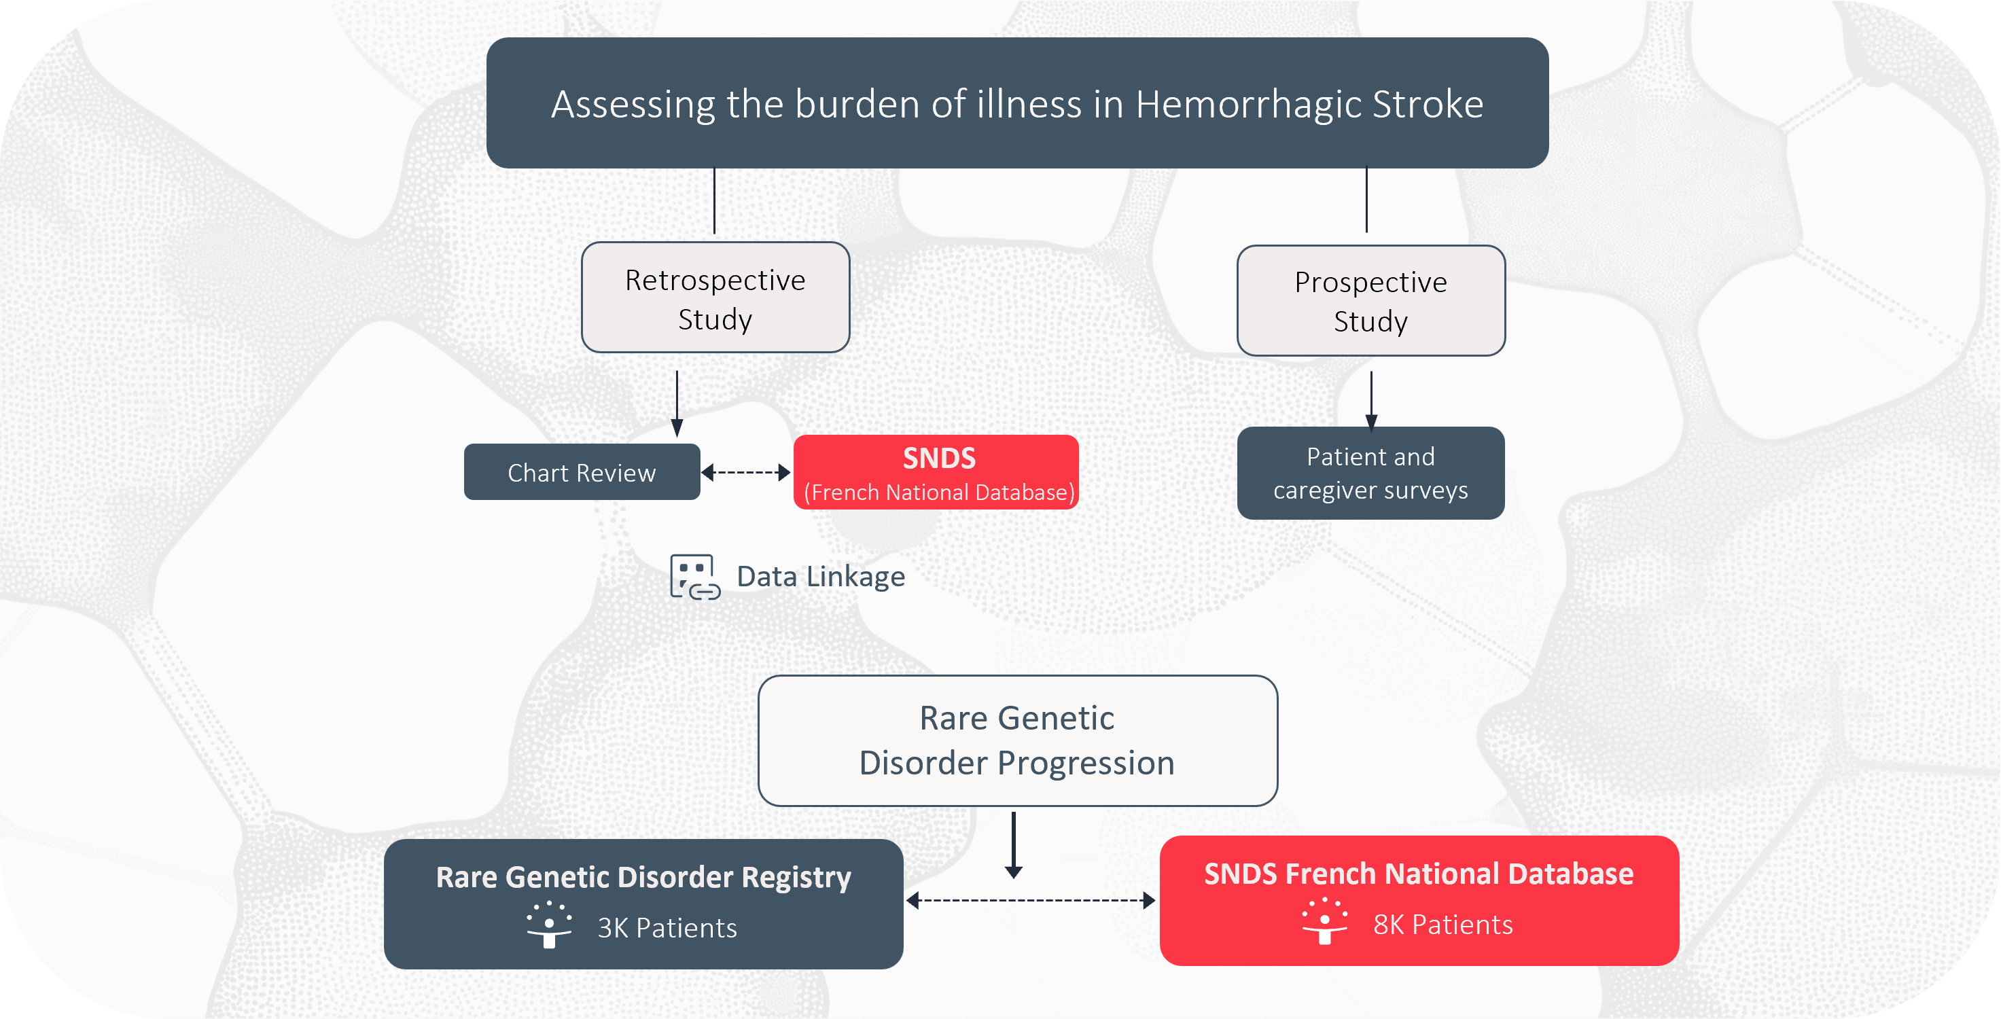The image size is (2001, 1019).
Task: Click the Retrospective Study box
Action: click(715, 298)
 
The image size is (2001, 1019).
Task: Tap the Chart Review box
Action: click(582, 472)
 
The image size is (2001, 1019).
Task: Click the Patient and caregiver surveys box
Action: click(1371, 473)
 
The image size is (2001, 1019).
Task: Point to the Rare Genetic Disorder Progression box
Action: click(1018, 741)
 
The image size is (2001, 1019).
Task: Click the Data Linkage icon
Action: click(694, 577)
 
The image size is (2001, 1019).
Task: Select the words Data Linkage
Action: click(821, 577)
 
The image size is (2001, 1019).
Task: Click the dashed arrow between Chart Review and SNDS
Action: click(746, 472)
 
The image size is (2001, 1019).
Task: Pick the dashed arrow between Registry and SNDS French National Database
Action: click(1031, 901)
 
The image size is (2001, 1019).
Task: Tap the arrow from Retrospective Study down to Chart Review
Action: click(677, 404)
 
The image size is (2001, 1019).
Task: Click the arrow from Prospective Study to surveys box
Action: click(1371, 401)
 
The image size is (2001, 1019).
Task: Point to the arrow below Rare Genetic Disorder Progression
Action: click(1014, 845)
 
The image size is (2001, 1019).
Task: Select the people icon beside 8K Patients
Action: click(1325, 920)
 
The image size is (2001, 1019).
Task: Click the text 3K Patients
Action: click(667, 928)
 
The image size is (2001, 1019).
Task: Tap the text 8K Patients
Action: click(1443, 925)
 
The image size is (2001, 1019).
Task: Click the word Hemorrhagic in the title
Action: click(1248, 104)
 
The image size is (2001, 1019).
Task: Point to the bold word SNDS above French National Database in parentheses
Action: click(939, 459)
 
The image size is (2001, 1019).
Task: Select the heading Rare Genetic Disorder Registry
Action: click(643, 878)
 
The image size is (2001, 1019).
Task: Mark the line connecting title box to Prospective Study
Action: click(1366, 200)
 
